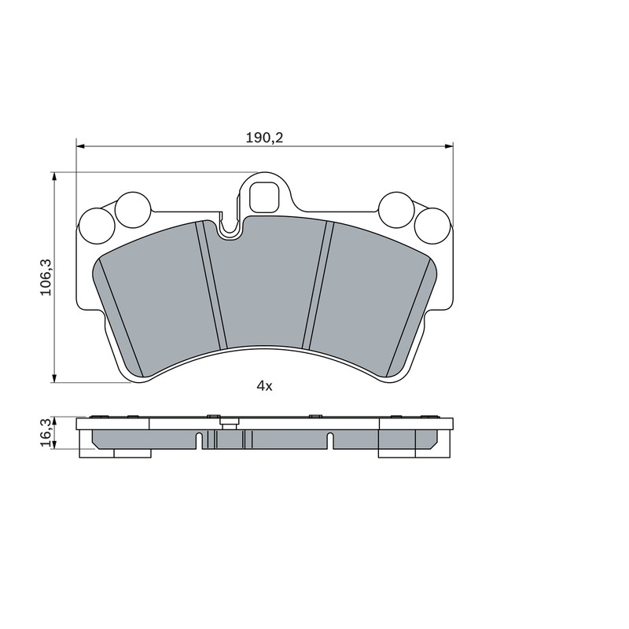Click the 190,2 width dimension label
[264, 138]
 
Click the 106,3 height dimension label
[46, 278]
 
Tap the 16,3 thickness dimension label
[46, 433]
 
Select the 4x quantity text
[264, 386]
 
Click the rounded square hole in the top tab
[263, 197]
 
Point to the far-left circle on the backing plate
[97, 226]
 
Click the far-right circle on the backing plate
[432, 226]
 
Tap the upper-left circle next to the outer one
[133, 210]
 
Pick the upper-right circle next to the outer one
[396, 210]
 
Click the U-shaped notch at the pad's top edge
[230, 229]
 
